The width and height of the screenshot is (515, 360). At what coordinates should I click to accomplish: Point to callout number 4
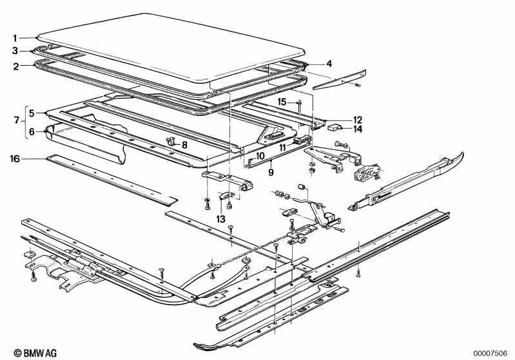click(x=329, y=64)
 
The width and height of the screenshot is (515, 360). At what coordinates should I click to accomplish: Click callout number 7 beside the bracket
click(x=15, y=121)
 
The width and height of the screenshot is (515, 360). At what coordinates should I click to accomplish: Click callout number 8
click(x=184, y=146)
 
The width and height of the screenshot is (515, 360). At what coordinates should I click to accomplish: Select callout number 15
click(x=282, y=102)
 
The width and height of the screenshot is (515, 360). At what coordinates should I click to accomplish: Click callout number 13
click(x=220, y=220)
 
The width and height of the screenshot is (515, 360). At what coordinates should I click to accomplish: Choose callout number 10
click(x=259, y=156)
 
